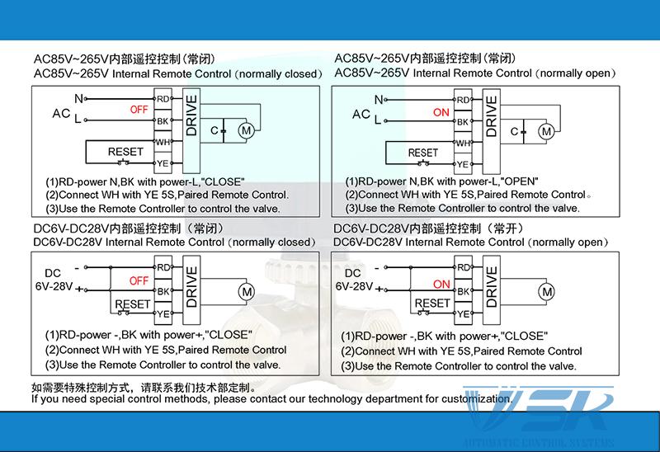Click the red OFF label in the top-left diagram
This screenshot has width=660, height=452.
click(x=139, y=109)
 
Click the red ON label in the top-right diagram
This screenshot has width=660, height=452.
click(x=441, y=112)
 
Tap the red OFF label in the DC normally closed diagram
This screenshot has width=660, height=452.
click(x=139, y=280)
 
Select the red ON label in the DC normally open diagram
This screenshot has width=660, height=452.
click(x=441, y=285)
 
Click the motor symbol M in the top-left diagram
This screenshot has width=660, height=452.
click(x=246, y=129)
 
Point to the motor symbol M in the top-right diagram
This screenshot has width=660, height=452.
click(x=545, y=131)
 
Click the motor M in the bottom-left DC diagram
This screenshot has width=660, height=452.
click(x=246, y=290)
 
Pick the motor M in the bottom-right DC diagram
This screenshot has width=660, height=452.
click(x=545, y=292)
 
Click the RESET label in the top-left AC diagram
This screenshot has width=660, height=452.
click(x=125, y=152)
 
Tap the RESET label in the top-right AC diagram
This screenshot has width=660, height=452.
click(x=423, y=153)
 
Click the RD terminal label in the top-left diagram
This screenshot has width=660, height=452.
click(x=163, y=100)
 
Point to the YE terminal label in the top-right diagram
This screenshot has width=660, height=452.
click(x=463, y=165)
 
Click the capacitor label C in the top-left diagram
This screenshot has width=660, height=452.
click(x=213, y=130)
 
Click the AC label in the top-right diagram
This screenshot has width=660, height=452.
click(x=361, y=115)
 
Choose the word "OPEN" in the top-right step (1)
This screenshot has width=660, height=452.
click(x=521, y=181)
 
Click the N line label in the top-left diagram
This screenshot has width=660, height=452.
click(x=78, y=98)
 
